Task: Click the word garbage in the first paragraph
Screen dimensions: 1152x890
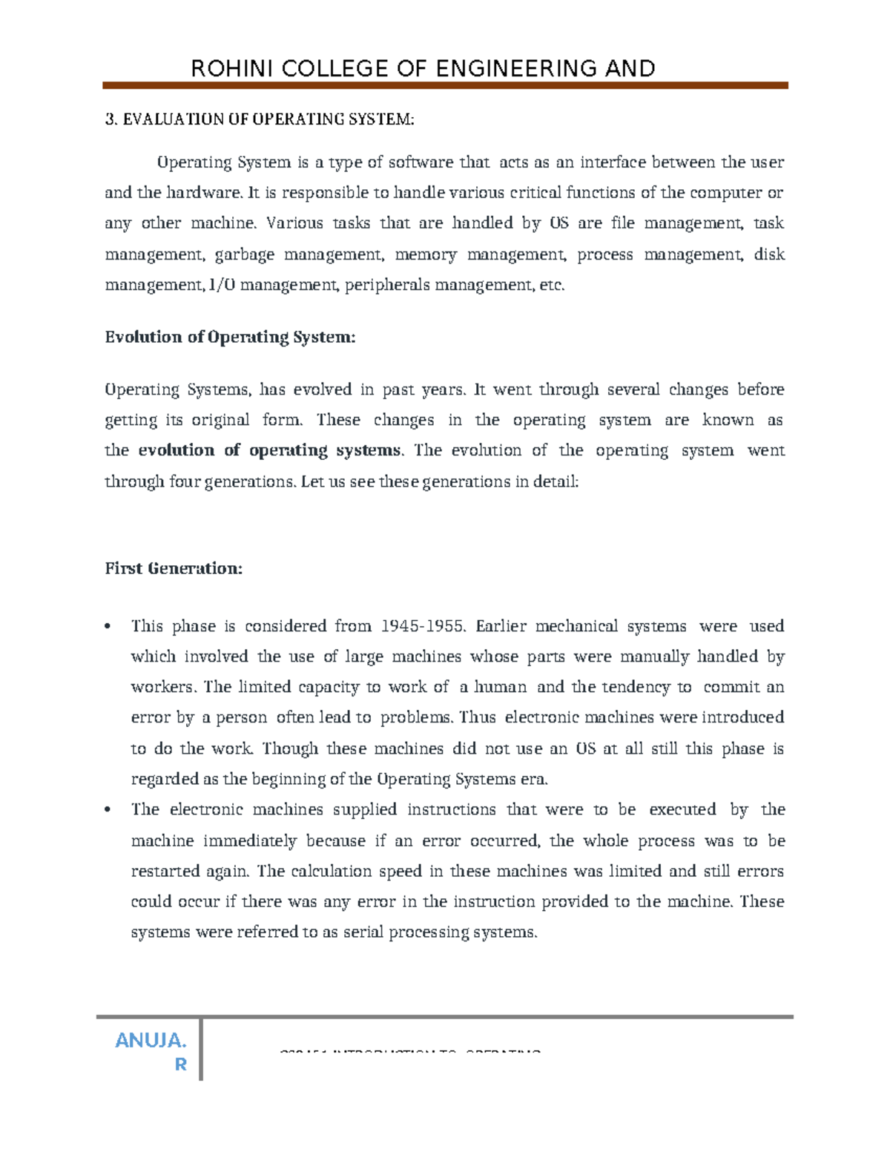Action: click(x=244, y=254)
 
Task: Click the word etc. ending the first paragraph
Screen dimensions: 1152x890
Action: click(x=551, y=285)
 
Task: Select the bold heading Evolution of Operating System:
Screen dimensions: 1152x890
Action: click(x=230, y=338)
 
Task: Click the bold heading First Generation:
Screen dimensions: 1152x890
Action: click(x=174, y=569)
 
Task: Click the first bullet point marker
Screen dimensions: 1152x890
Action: click(x=108, y=627)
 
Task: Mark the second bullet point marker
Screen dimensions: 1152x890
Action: click(x=108, y=810)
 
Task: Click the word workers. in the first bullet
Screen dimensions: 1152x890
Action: click(x=164, y=687)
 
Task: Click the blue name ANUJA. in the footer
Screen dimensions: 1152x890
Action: click(x=151, y=1041)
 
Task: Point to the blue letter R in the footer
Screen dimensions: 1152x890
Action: click(x=180, y=1065)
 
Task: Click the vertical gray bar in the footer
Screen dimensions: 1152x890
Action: click(x=201, y=1047)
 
